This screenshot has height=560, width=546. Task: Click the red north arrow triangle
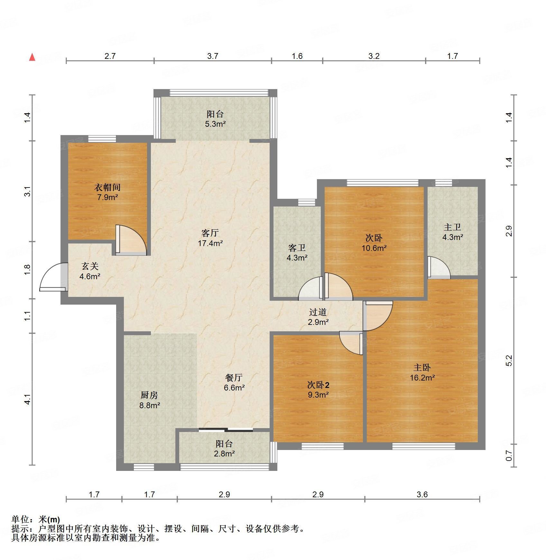[32, 57]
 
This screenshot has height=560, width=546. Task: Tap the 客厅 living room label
[210, 233]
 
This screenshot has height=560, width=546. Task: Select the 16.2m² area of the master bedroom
[422, 378]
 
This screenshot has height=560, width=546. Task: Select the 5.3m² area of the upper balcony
[215, 124]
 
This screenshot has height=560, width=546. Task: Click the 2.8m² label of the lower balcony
[224, 454]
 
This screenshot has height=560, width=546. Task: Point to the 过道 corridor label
[318, 312]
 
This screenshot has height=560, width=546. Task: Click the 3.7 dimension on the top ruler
[212, 56]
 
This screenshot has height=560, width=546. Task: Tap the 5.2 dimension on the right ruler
[509, 361]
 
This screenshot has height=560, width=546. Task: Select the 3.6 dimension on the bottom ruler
[422, 494]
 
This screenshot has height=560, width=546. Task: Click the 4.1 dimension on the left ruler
[28, 399]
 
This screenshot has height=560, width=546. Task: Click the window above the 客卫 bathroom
[306, 202]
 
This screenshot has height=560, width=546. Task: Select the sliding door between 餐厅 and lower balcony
[226, 429]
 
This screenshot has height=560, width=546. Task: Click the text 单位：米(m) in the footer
[36, 519]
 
